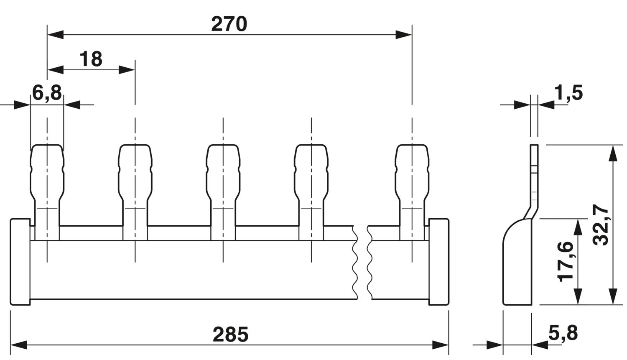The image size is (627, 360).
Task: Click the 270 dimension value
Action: click(229, 24)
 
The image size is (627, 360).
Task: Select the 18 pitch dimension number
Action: click(91, 59)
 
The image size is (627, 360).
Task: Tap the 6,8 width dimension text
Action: click(47, 93)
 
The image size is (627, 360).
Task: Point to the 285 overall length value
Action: click(230, 334)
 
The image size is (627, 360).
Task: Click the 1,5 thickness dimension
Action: click(568, 93)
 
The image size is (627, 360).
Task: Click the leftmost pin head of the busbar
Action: click(47, 172)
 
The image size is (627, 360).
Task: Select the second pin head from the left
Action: click(135, 172)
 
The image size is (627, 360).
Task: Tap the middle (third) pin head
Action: click(223, 172)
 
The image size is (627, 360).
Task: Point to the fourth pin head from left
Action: click(311, 172)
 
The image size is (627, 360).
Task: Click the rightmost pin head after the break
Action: click(412, 172)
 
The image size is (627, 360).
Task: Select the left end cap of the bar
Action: click(20, 261)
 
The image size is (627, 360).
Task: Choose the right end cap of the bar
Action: click(439, 261)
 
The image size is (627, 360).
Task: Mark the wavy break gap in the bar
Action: click(362, 262)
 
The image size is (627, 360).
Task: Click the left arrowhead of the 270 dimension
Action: click(56, 35)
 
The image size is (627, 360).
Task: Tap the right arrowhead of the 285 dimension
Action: click(441, 345)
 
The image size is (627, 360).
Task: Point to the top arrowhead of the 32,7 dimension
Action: click(613, 153)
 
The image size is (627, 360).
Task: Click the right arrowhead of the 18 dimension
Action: click(127, 70)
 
